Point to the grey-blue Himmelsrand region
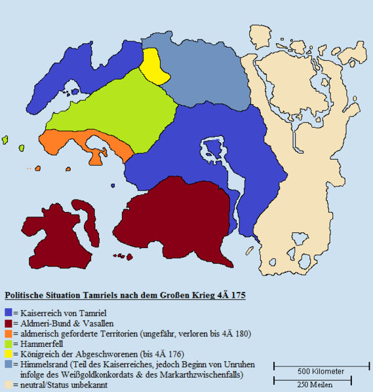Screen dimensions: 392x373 pyautogui.click(x=203, y=72)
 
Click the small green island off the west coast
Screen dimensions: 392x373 pyautogui.click(x=5, y=139)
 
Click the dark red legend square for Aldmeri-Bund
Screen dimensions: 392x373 pyautogui.click(x=8, y=323)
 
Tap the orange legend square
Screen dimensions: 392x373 pyautogui.click(x=8, y=334)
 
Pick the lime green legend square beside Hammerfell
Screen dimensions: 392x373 pyautogui.click(x=8, y=344)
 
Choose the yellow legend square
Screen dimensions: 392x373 pyautogui.click(x=8, y=354)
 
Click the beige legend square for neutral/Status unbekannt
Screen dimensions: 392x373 pyautogui.click(x=8, y=385)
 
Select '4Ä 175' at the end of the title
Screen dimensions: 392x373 pyautogui.click(x=232, y=296)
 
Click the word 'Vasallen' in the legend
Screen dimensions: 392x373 pyautogui.click(x=96, y=323)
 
